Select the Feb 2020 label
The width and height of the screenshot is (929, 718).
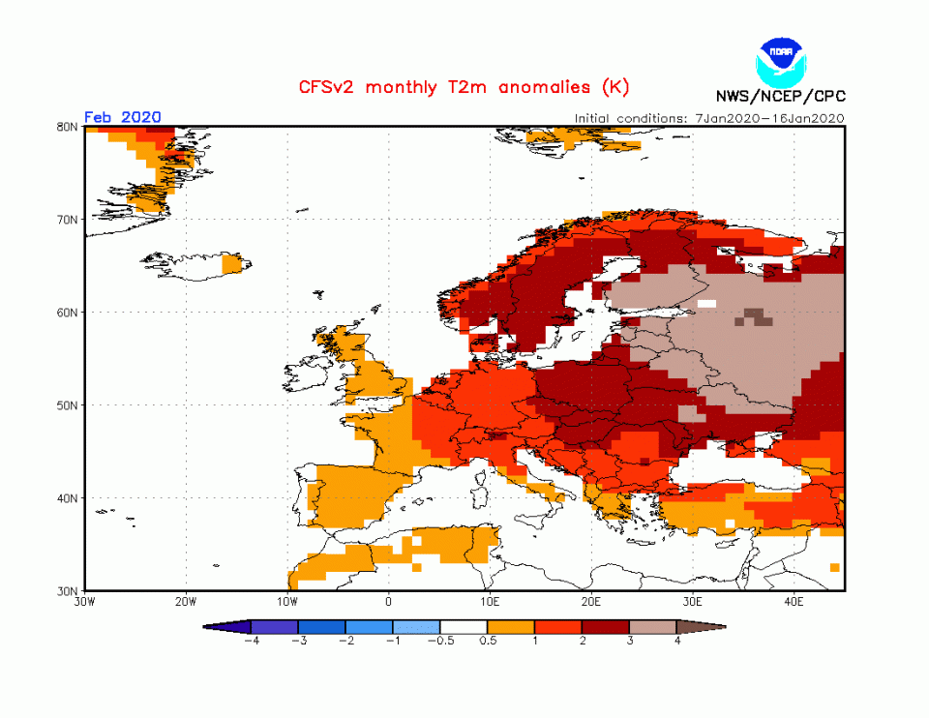pyautogui.click(x=123, y=117)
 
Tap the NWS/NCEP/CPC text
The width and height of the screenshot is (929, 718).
pyautogui.click(x=779, y=96)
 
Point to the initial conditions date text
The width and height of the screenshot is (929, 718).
pyautogui.click(x=709, y=118)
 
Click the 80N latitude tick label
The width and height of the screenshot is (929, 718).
pyautogui.click(x=68, y=127)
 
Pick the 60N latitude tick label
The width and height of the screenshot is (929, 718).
pyautogui.click(x=68, y=313)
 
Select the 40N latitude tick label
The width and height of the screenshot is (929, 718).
pyautogui.click(x=68, y=498)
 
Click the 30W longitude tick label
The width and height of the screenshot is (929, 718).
pyautogui.click(x=84, y=600)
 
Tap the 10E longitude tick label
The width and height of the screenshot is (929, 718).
pyautogui.click(x=490, y=600)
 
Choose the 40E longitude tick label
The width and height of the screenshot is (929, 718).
pyautogui.click(x=794, y=600)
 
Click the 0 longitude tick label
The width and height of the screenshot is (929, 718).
pyautogui.click(x=389, y=600)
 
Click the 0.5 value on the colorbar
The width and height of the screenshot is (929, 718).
pyautogui.click(x=488, y=641)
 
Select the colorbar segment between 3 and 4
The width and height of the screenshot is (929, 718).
pyautogui.click(x=653, y=627)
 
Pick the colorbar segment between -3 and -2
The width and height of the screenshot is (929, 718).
pyautogui.click(x=321, y=627)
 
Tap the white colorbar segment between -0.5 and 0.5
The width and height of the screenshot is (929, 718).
pyautogui.click(x=464, y=627)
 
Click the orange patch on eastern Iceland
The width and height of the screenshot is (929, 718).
pyautogui.click(x=232, y=263)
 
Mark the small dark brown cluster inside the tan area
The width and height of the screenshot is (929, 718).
pyautogui.click(x=753, y=315)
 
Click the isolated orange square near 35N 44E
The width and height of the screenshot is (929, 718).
pyautogui.click(x=834, y=567)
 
